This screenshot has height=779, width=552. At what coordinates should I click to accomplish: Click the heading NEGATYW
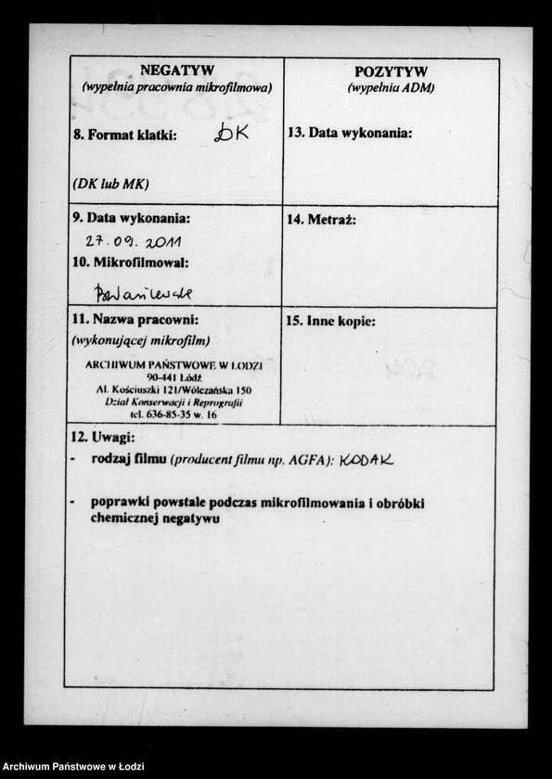[x=176, y=70]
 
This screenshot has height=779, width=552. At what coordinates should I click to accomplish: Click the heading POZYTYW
[x=391, y=72]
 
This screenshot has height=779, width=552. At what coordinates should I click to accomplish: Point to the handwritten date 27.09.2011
[x=133, y=241]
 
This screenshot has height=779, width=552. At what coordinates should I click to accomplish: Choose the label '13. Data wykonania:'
[x=350, y=133]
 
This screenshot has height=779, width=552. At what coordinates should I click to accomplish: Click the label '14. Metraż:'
[x=321, y=221]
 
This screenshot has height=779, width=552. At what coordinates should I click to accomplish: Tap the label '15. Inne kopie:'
[x=331, y=322]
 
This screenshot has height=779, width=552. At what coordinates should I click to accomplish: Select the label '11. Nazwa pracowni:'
[x=135, y=321]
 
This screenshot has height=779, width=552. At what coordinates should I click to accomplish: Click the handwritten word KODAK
[x=366, y=460]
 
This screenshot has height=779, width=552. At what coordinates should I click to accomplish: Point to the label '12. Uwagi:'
[x=104, y=438]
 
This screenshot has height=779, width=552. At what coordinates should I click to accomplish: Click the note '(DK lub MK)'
[x=110, y=184]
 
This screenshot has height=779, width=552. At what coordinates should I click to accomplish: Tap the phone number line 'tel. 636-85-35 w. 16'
[x=173, y=415]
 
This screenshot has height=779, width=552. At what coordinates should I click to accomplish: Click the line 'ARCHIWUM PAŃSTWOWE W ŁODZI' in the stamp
[x=173, y=365]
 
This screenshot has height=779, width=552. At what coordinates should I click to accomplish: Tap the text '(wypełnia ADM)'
[x=391, y=88]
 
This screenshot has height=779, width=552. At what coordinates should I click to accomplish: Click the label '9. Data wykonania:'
[x=131, y=219]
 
